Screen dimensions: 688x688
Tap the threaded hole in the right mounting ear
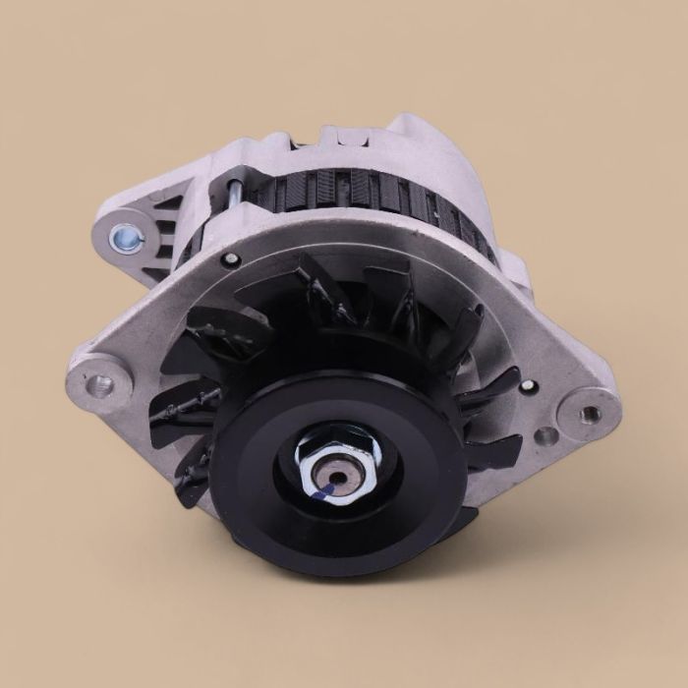coord(591,414)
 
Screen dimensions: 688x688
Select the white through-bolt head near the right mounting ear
coord(528,386)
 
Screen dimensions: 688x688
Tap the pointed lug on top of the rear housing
coord(413,127)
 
